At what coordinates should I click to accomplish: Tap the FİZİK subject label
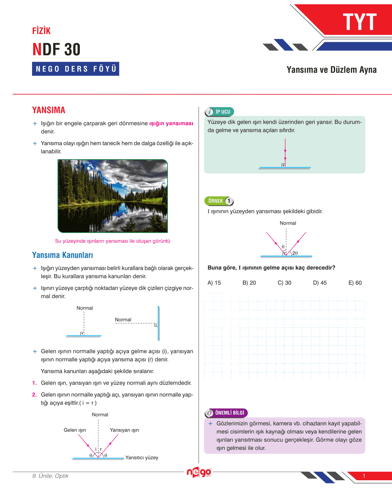click(41, 31)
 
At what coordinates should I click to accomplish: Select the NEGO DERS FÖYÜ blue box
click(75, 69)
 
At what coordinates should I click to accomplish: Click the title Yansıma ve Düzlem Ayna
click(331, 70)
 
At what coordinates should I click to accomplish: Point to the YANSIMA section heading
click(49, 110)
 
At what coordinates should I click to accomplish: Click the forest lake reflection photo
click(113, 196)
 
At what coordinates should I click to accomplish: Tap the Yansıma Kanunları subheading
click(63, 255)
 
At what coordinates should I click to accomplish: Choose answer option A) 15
click(214, 283)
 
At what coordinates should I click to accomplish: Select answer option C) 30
click(284, 283)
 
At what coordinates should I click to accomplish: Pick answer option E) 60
click(355, 283)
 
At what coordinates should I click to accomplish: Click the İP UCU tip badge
click(220, 112)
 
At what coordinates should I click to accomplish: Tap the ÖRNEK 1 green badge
click(219, 201)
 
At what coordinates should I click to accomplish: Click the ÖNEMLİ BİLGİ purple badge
click(226, 413)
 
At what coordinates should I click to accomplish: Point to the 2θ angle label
click(295, 253)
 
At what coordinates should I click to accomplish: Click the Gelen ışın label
click(75, 430)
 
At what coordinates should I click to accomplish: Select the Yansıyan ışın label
click(124, 430)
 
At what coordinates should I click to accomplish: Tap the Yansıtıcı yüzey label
click(142, 458)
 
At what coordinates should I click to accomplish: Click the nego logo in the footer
click(199, 472)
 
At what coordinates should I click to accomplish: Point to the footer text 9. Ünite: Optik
click(50, 476)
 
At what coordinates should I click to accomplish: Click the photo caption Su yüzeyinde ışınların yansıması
click(113, 241)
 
